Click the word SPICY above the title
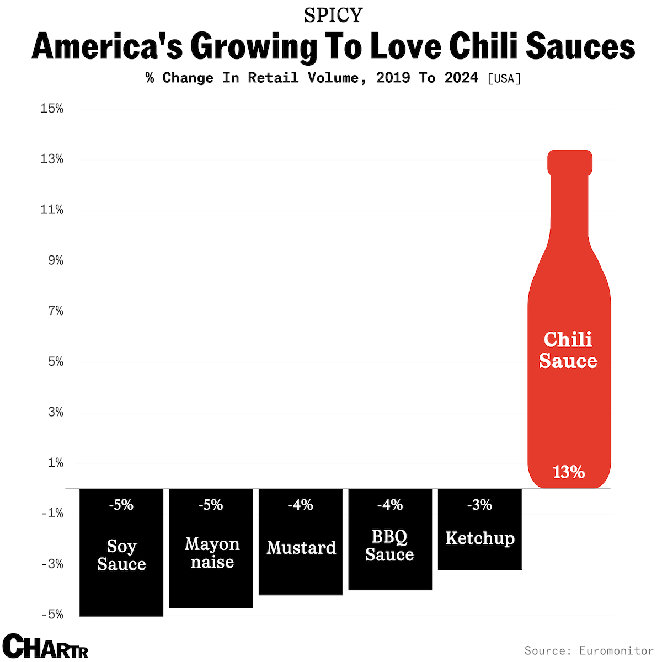click(x=333, y=15)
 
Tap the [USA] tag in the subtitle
click(x=504, y=78)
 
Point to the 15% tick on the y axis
click(x=52, y=109)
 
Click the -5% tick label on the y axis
click(x=52, y=615)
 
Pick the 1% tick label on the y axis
click(x=55, y=463)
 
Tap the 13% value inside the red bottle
click(x=569, y=472)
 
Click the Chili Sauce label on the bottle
click(x=568, y=350)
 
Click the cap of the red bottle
click(x=569, y=162)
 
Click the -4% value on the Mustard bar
click(x=301, y=505)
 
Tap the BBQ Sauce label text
click(x=389, y=546)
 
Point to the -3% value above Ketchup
click(x=479, y=505)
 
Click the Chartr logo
click(x=45, y=646)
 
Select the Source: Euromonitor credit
click(x=589, y=650)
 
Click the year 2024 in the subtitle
click(x=461, y=78)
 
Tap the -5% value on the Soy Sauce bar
click(x=121, y=505)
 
